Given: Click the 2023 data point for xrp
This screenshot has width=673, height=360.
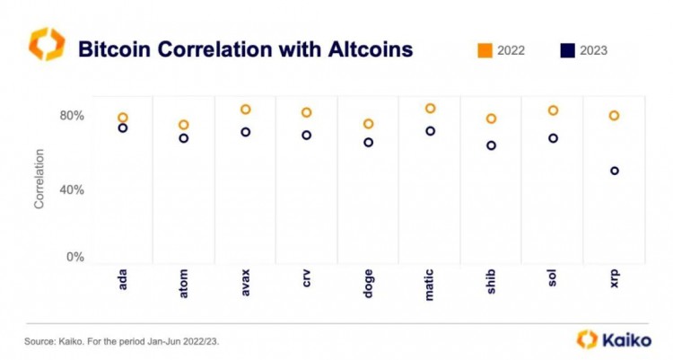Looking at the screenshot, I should point(615,171).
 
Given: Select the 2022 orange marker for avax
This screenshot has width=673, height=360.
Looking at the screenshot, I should point(245,110).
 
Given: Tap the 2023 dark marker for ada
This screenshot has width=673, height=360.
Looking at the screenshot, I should point(122,128).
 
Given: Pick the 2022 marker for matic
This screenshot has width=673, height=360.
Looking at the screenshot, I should point(430,109).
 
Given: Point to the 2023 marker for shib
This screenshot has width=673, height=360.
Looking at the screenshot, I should point(491,145).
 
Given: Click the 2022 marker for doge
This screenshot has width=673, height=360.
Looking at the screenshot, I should point(368,124).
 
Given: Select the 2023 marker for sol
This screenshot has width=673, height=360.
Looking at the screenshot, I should point(553,138).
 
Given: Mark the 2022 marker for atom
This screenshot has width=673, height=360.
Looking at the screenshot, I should point(184,126).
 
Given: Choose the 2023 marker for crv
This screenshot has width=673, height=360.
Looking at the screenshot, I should point(307,136).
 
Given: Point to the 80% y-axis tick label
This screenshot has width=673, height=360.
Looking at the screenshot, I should point(72,116).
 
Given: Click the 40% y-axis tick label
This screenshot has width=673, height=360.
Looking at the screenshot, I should point(72,189).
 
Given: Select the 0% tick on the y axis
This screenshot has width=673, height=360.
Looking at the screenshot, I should point(74,257).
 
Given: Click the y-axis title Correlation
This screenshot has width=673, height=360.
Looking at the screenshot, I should point(39,186).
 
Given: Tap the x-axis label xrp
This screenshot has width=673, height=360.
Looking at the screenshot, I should point(615,280).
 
